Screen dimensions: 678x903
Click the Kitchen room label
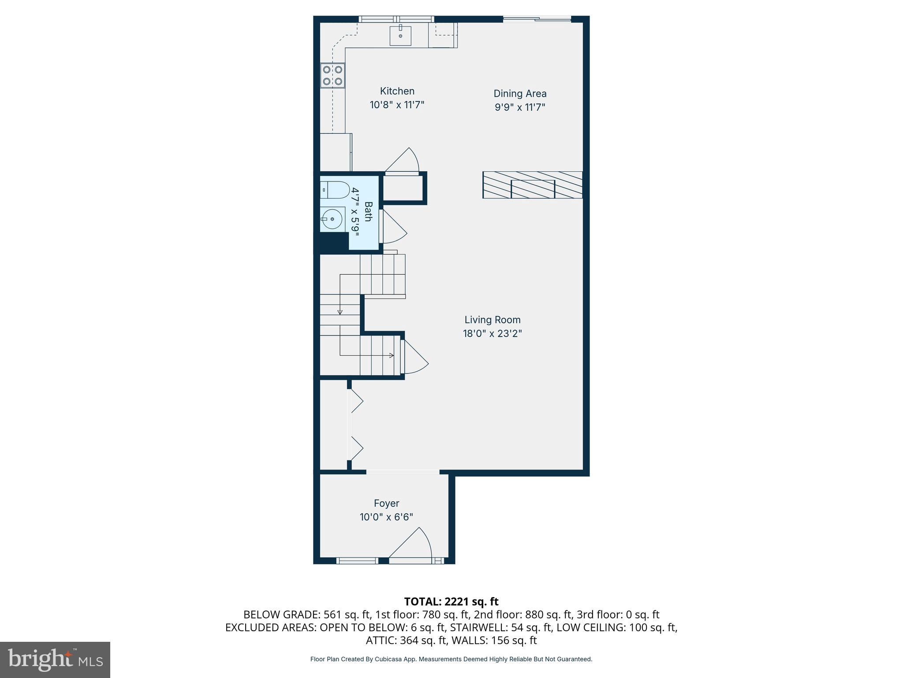tap(397, 91)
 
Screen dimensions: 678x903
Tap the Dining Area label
tap(520, 94)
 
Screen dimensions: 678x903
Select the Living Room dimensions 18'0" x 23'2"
tap(492, 333)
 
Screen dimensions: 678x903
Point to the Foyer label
tap(386, 503)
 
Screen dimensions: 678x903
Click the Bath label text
tap(368, 211)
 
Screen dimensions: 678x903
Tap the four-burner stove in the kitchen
tap(332, 75)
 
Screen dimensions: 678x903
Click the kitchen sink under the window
tap(400, 36)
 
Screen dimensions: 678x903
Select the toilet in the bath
tap(335, 190)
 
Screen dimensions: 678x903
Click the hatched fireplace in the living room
tap(532, 185)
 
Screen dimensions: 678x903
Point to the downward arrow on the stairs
tap(340, 312)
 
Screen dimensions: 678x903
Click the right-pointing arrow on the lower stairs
tap(391, 355)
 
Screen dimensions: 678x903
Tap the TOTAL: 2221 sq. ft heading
tap(451, 602)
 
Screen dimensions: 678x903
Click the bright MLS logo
tap(55, 660)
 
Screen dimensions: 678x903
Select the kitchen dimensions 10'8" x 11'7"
tap(397, 105)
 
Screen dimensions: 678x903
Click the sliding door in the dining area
tap(537, 19)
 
